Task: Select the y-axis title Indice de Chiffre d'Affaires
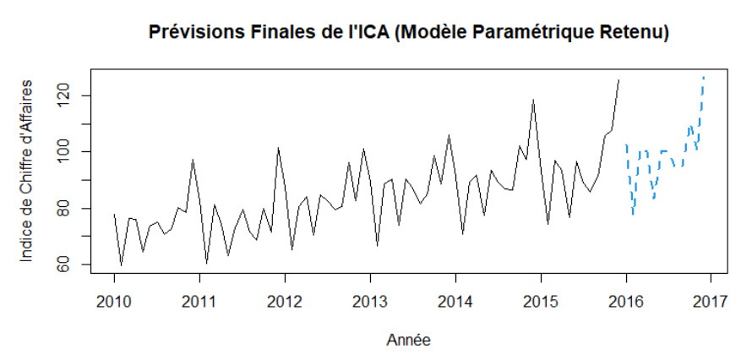[x=27, y=171]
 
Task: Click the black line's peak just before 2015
[x=533, y=100]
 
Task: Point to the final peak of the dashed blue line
[x=703, y=77]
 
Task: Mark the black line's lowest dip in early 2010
[x=121, y=265]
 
